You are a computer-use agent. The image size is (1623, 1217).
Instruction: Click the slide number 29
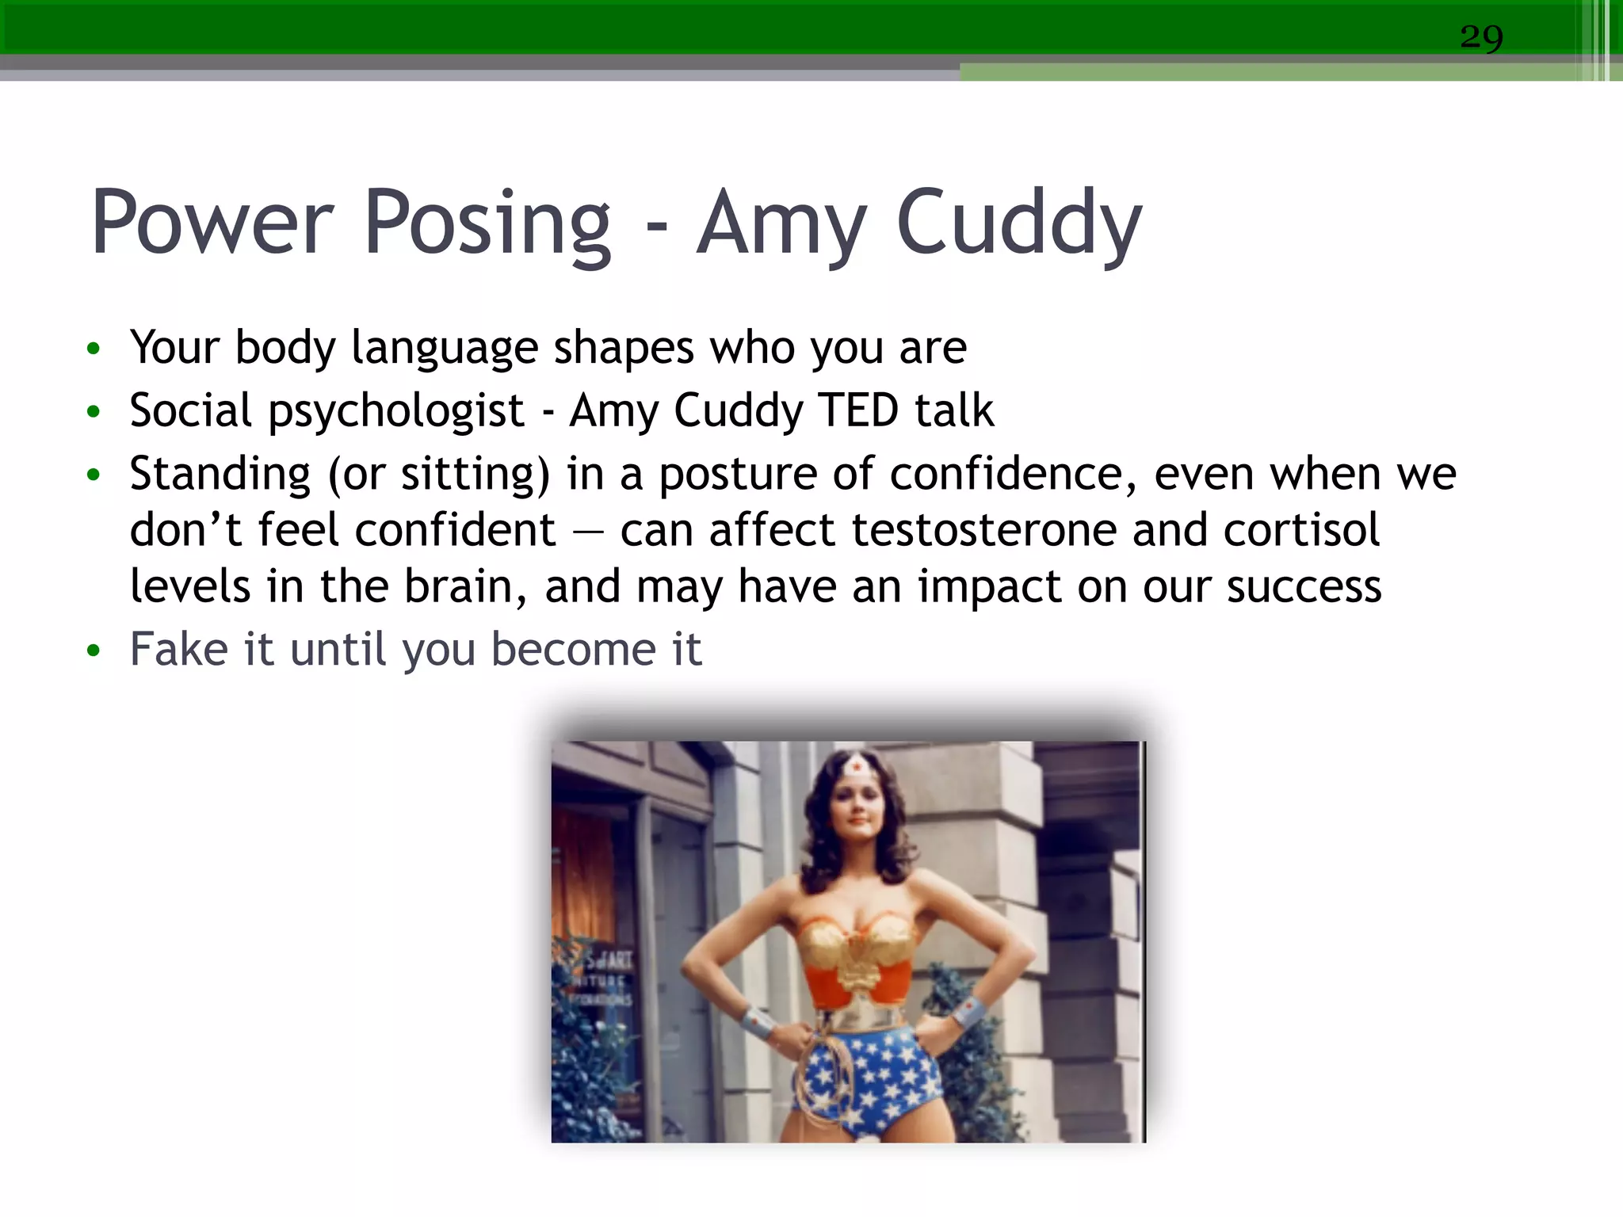point(1481,37)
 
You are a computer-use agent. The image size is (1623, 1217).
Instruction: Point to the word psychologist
point(396,412)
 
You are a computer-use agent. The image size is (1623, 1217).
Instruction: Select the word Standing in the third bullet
point(220,475)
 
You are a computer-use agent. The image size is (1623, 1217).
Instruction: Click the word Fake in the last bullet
point(179,650)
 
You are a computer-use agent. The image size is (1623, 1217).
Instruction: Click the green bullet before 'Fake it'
point(94,651)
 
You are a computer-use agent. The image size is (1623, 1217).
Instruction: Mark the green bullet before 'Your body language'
point(94,349)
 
